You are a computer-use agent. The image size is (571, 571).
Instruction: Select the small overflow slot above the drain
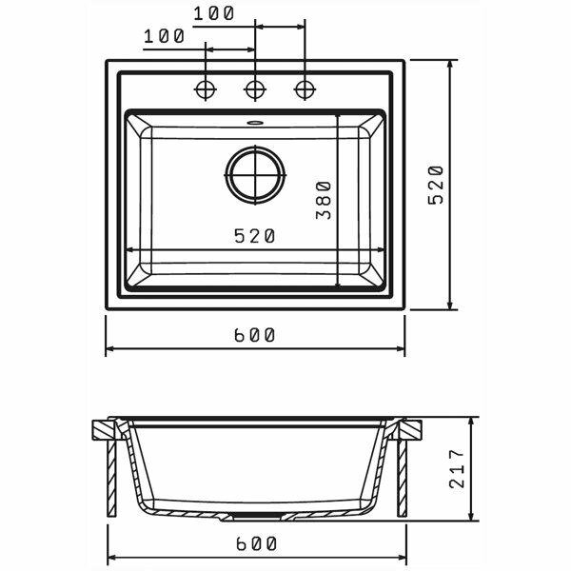pyautogui.click(x=255, y=123)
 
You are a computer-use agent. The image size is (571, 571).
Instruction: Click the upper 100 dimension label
pyautogui.click(x=213, y=14)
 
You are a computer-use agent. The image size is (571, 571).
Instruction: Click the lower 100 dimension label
pyautogui.click(x=165, y=36)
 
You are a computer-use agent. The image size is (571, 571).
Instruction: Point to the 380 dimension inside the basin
pyautogui.click(x=324, y=200)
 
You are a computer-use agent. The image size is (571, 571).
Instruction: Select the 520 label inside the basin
pyautogui.click(x=254, y=236)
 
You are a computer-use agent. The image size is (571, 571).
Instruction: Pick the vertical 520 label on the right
pyautogui.click(x=436, y=185)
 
